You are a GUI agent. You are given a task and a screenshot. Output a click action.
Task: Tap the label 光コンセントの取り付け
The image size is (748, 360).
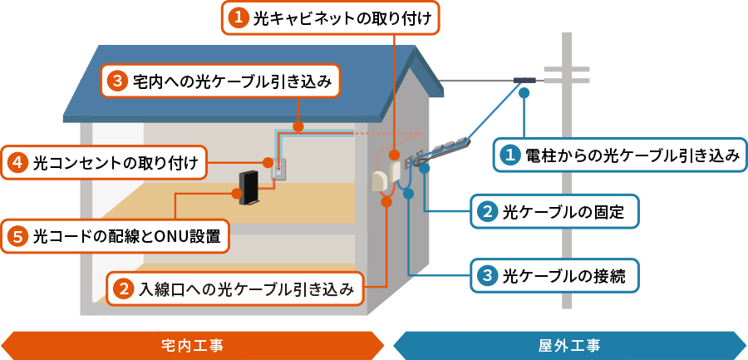pos(105,164)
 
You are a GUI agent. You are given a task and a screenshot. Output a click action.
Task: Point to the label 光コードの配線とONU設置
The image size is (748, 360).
pos(115,236)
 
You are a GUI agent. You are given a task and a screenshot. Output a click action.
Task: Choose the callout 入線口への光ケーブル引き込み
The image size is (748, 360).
pos(236,289)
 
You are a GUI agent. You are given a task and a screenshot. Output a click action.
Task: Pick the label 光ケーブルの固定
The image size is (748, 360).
pos(555,211)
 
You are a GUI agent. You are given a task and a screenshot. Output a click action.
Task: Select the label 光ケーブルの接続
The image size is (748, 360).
pos(555,275)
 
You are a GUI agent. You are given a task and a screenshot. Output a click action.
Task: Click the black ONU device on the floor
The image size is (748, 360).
pos(248,188)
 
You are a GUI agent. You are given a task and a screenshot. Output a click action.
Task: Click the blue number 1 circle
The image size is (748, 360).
pos(509,155)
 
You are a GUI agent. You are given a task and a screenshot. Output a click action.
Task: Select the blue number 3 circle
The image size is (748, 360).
pos(487,275)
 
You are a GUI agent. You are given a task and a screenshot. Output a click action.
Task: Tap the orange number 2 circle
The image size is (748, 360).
pos(124,289)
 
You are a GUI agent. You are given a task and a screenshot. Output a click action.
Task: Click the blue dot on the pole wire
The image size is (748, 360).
pos(524,93)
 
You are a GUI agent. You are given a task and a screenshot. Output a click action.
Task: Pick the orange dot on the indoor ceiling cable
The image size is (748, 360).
pos(298,126)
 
